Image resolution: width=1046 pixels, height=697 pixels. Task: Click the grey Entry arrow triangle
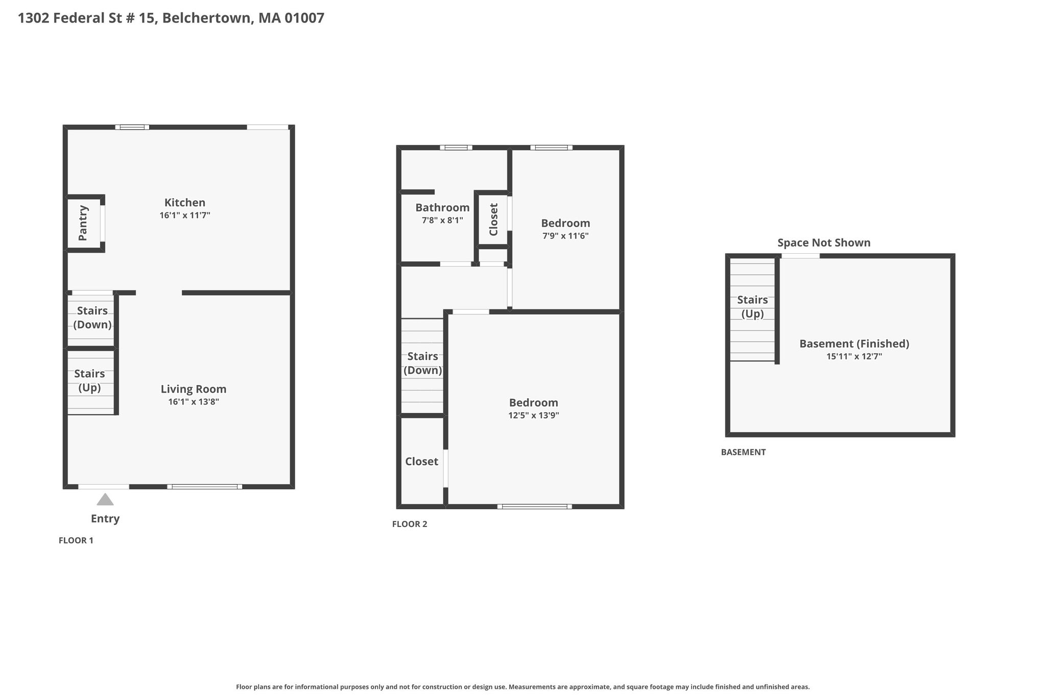[105, 499]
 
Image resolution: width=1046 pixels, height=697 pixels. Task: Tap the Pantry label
[83, 223]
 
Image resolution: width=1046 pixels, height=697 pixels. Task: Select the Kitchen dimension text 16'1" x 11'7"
[185, 215]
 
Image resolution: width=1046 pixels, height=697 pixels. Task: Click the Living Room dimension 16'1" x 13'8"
[194, 402]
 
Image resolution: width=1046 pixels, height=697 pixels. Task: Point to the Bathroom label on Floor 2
[442, 207]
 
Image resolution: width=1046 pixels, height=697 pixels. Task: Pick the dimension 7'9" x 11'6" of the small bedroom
[565, 236]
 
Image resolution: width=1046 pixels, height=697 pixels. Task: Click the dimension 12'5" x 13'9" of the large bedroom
[534, 415]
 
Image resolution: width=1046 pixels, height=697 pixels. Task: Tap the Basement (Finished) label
[854, 344]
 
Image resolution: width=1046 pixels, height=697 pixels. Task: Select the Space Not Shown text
[824, 243]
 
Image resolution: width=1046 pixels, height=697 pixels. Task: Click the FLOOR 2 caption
[410, 524]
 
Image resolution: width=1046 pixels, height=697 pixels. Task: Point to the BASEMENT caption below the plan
[743, 452]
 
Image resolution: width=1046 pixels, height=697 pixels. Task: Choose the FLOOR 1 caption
[76, 540]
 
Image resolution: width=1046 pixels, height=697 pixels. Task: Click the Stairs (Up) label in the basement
[752, 307]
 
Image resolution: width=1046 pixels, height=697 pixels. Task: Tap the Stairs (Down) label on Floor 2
[423, 363]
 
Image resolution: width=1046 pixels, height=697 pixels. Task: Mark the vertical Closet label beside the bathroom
[493, 220]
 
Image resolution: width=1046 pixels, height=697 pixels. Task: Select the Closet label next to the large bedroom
[422, 462]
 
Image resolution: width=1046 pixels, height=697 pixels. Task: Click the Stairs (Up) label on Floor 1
[89, 380]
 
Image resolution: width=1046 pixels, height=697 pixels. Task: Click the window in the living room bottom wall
[205, 487]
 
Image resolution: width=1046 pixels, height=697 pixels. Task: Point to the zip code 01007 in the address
[304, 18]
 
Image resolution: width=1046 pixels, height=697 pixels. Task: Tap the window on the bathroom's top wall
[456, 148]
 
